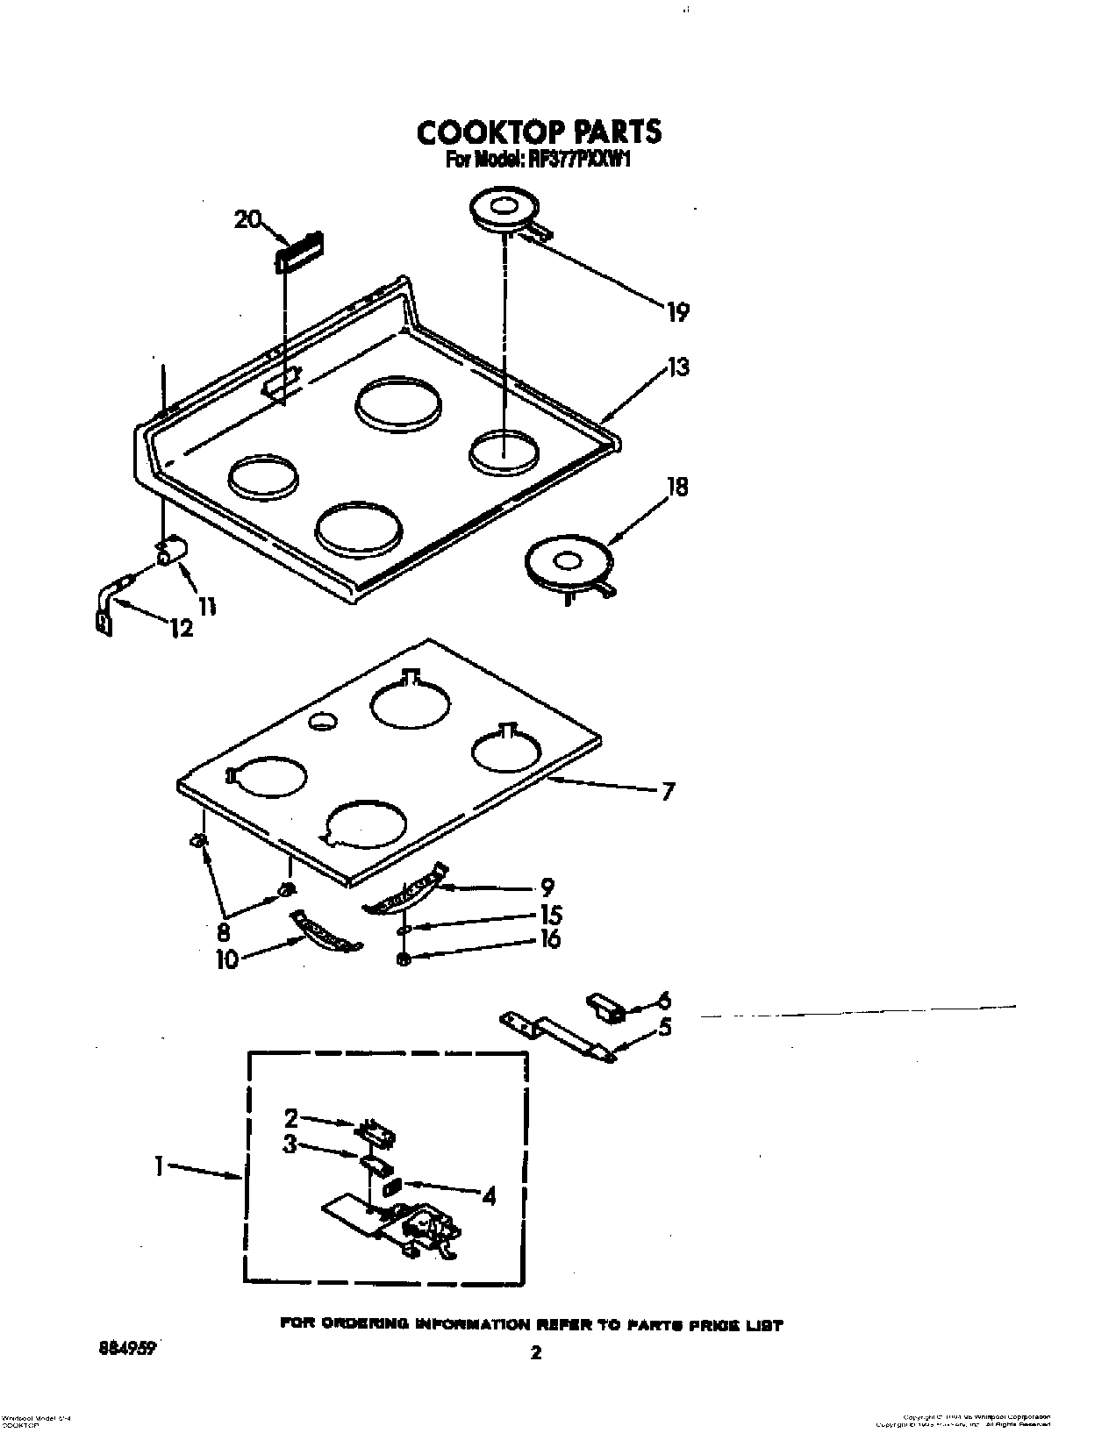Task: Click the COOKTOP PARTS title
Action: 538,132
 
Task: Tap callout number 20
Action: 248,219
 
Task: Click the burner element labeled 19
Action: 503,213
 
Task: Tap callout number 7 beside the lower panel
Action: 668,792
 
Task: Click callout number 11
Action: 207,604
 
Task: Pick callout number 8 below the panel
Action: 223,933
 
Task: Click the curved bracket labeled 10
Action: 325,932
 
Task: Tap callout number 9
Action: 547,887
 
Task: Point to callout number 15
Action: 551,914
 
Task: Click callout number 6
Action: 664,1000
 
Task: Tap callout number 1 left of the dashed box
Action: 159,1167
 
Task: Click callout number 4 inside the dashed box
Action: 489,1194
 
